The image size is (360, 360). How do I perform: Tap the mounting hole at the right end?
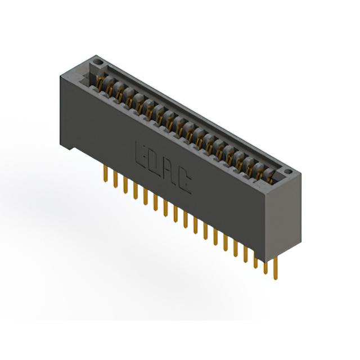point(289,171)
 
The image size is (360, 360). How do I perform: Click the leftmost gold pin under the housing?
point(106,174)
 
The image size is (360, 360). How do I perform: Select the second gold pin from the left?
point(115,179)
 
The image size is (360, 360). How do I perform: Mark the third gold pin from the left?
point(125,185)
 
